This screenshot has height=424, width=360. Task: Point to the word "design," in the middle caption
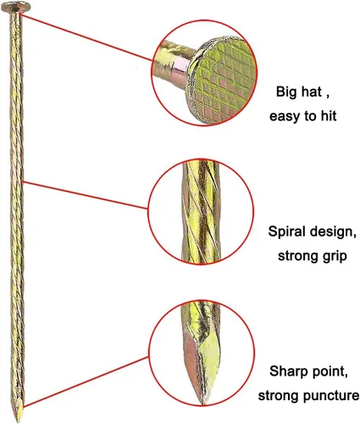[333, 232]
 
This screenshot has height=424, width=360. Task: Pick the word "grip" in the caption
[335, 257]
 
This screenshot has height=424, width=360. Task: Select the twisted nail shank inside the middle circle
[202, 211]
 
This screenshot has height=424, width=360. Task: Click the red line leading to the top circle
[86, 37]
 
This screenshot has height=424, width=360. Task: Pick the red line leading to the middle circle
[85, 195]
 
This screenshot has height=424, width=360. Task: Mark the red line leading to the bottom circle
[86, 382]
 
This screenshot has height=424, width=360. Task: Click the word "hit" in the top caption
[329, 116]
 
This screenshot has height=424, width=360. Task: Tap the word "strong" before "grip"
[299, 256]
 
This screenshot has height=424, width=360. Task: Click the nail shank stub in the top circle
[173, 64]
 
